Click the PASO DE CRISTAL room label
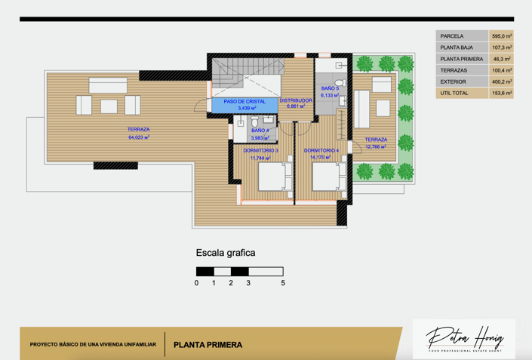244,101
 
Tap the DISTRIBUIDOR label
296,100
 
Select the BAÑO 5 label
330,89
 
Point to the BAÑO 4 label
260,131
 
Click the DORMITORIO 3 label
260,150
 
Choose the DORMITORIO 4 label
321,150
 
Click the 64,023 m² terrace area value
138,137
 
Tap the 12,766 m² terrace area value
375,147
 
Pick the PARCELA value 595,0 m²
501,35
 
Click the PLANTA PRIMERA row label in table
461,59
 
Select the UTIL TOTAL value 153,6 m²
501,94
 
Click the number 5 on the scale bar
283,283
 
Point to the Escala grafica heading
225,253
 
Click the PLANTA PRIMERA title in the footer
208,345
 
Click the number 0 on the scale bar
196,283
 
